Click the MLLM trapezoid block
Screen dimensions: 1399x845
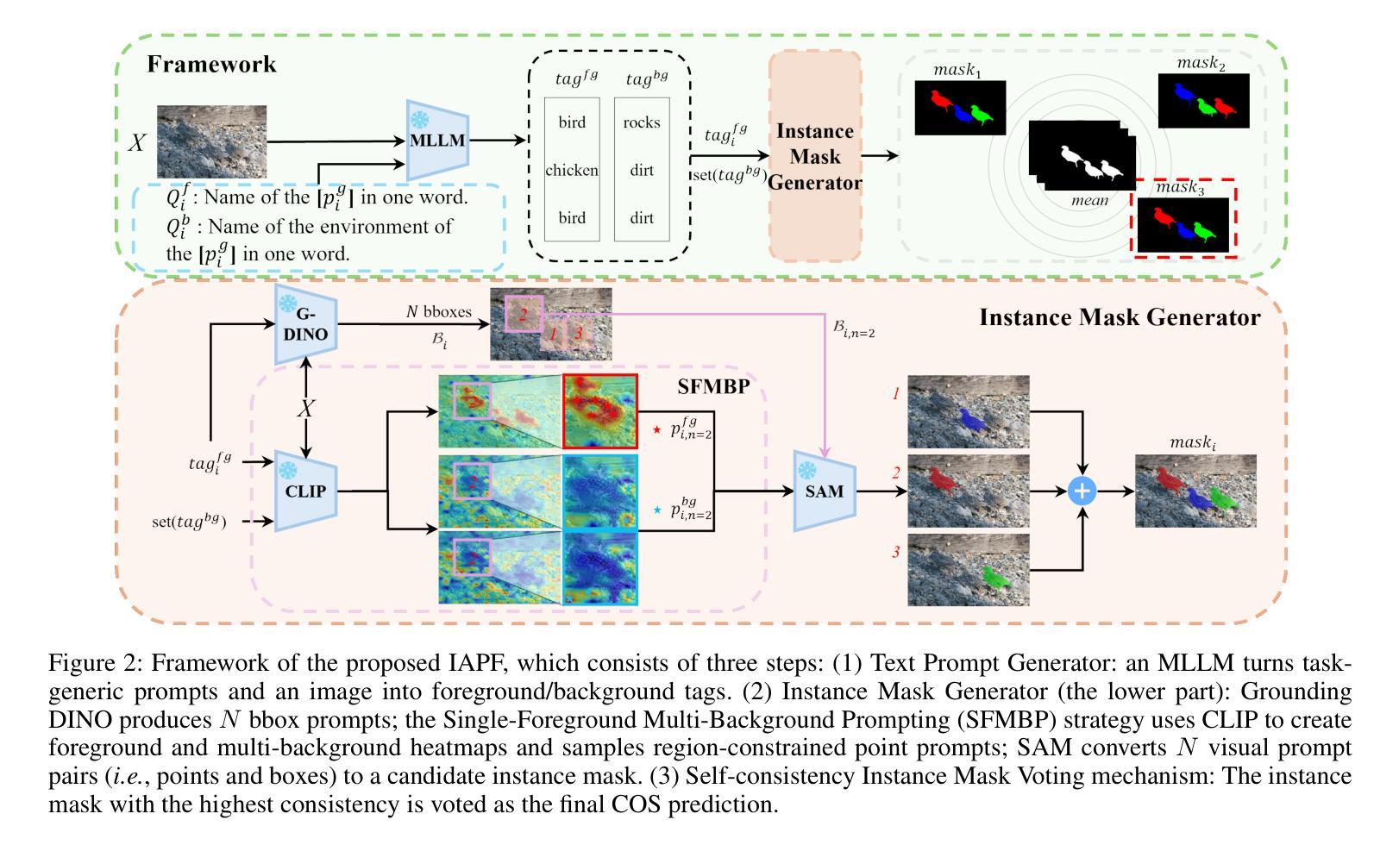click(x=438, y=140)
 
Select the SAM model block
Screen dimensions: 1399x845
click(x=825, y=491)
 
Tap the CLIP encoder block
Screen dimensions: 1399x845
click(x=306, y=491)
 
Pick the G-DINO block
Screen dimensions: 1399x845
click(x=306, y=323)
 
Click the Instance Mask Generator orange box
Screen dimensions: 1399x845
click(x=815, y=156)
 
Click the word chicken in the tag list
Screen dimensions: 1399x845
click(x=572, y=170)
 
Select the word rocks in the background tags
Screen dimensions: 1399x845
click(x=642, y=122)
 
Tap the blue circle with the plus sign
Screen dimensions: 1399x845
click(x=1082, y=491)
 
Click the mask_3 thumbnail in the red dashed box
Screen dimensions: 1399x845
click(x=1183, y=225)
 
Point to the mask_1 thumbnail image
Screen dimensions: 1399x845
click(x=960, y=108)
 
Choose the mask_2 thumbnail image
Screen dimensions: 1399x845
click(x=1203, y=101)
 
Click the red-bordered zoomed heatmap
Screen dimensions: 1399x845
click(x=600, y=411)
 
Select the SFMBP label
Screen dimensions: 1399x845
click(x=713, y=386)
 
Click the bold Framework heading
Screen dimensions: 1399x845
click(x=211, y=64)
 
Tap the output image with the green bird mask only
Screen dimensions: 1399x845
click(x=968, y=570)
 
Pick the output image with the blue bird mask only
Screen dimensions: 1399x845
click(x=968, y=411)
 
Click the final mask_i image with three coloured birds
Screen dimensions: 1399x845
click(x=1195, y=491)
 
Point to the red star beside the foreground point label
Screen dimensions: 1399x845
click(x=656, y=429)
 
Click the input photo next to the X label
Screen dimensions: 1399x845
click(x=211, y=141)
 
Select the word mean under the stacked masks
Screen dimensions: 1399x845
click(x=1089, y=201)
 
